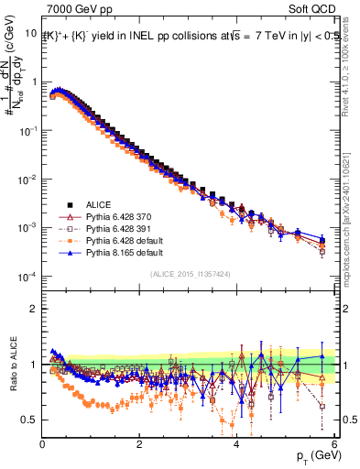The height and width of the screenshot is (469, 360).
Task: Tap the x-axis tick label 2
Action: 139,445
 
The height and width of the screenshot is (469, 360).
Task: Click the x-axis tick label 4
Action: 236,445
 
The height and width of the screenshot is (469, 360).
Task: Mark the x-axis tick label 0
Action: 42,445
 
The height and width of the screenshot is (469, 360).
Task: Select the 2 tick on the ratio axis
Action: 34,309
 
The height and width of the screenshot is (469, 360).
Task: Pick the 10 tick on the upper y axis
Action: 29,32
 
